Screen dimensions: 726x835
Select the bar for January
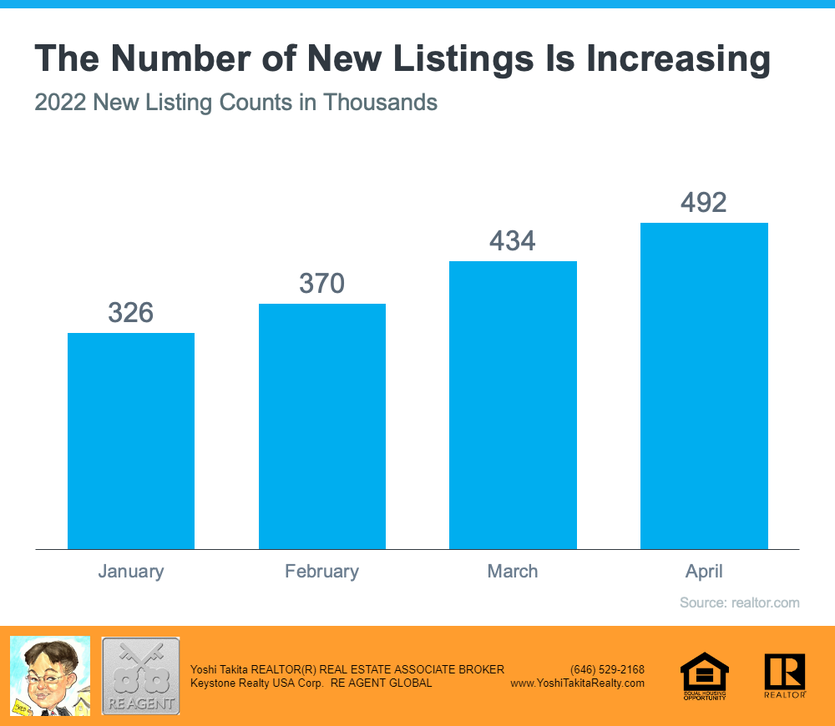coord(131,441)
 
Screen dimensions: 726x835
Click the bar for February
coord(322,426)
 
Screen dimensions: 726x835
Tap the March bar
coord(513,405)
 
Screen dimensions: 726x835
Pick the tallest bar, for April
coord(704,386)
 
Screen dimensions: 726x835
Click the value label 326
coord(131,313)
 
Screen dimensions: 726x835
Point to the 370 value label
coord(322,284)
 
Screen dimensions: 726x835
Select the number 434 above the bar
coord(513,241)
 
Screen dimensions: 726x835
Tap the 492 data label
coord(704,203)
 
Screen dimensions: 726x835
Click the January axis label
coord(131,572)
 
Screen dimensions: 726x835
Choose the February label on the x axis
coord(322,572)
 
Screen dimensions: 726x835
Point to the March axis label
coord(513,572)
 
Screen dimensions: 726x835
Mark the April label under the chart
coord(704,572)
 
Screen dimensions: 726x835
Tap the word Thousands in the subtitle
coord(380,103)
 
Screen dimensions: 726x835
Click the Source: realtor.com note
coord(739,602)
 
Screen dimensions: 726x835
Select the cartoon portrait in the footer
coord(49,675)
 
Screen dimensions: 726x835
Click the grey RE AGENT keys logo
coord(140,675)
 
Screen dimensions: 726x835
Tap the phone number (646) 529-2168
coord(607,669)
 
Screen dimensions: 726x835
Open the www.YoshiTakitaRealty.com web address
coord(577,683)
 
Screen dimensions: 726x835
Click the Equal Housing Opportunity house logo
coord(705,674)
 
